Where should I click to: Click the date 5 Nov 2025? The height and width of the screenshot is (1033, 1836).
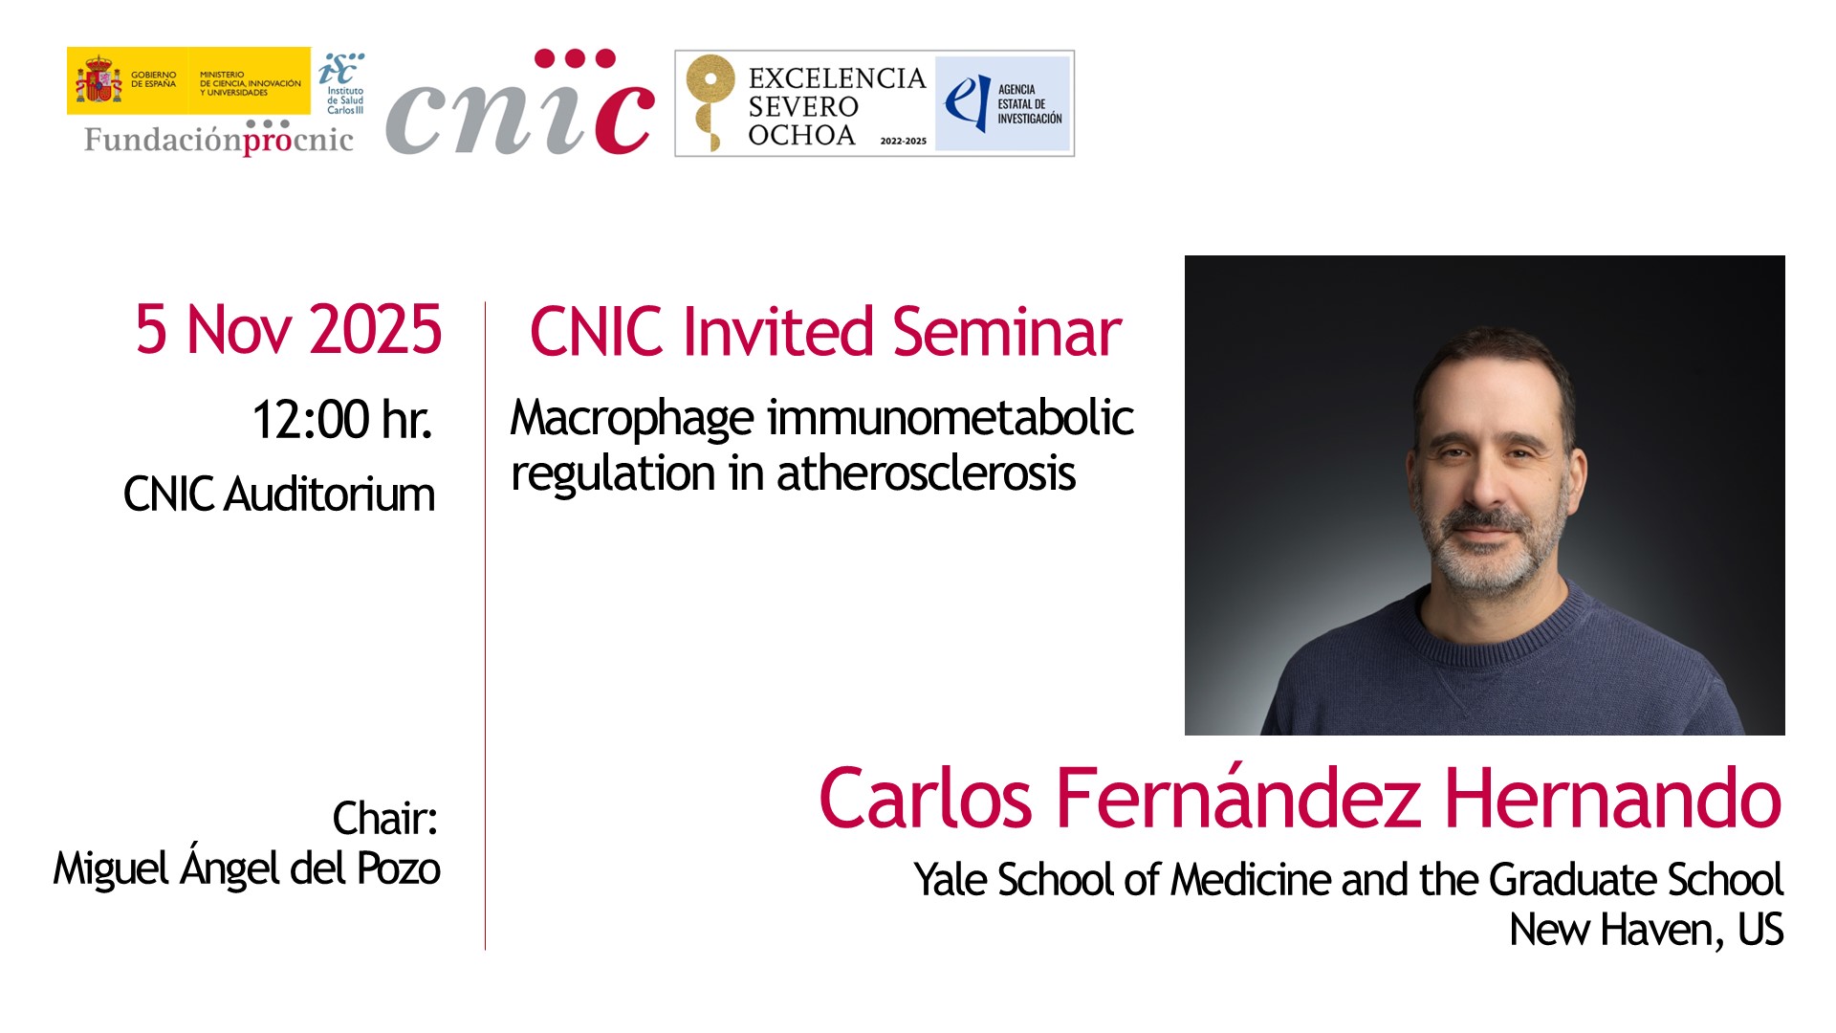[288, 330]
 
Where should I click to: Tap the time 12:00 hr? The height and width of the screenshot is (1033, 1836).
[341, 420]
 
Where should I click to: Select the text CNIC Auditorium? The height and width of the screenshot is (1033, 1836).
[279, 495]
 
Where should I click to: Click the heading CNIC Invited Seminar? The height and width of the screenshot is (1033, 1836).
[825, 332]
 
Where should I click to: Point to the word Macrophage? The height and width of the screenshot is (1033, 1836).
[632, 419]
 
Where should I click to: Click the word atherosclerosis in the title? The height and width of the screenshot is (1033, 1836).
[926, 473]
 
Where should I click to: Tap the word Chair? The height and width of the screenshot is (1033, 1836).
[385, 819]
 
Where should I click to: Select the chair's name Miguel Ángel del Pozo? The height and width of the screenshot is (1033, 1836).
[247, 867]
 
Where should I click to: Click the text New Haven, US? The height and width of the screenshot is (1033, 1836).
[1647, 930]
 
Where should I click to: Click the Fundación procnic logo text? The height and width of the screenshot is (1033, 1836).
[219, 139]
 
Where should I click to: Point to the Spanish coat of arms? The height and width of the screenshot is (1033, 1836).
[98, 80]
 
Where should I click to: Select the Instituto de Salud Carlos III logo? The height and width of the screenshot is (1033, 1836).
[341, 83]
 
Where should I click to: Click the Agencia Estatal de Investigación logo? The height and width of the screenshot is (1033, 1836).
[1002, 103]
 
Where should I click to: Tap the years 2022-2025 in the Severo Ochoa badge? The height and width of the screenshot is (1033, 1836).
[904, 141]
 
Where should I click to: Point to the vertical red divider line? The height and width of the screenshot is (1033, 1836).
[486, 626]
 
